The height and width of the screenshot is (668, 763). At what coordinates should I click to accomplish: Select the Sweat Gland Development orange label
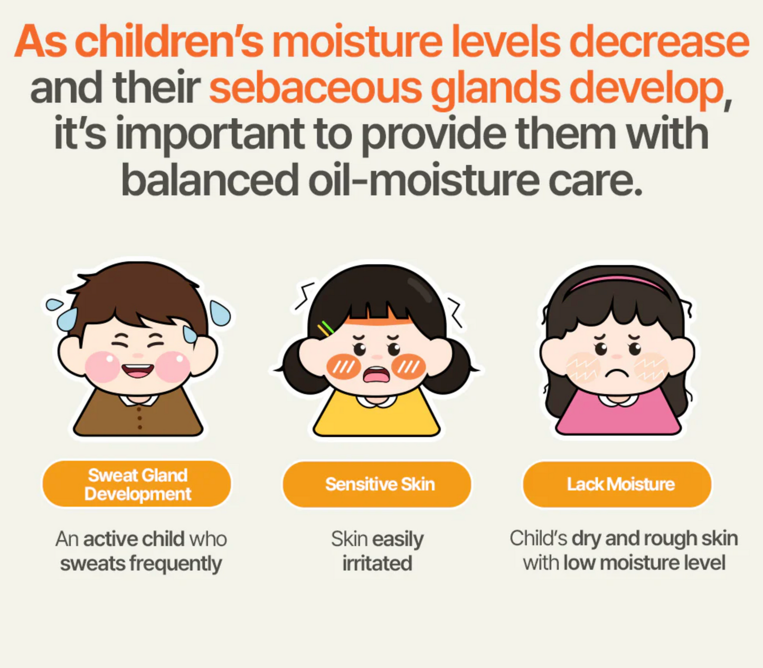point(137,484)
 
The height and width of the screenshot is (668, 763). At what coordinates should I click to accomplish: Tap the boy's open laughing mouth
point(138,371)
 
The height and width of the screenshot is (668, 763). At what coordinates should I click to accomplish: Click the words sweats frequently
point(141,563)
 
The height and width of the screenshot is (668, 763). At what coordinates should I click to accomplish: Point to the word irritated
point(377,563)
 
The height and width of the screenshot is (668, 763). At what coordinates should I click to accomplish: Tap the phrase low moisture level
point(644,563)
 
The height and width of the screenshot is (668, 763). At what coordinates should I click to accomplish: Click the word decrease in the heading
point(659,42)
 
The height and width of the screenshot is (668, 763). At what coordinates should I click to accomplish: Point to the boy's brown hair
point(138,295)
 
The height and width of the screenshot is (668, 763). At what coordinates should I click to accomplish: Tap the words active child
point(134,539)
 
